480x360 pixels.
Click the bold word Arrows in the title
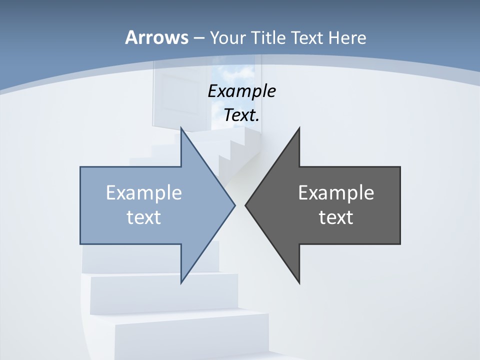156,37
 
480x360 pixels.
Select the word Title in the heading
274,37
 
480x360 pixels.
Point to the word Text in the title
308,37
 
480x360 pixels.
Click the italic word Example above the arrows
241,91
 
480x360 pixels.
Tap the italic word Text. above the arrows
241,115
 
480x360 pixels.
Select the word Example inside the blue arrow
144,192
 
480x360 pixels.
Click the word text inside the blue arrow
144,217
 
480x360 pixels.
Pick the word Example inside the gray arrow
336,192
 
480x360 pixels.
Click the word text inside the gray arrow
336,217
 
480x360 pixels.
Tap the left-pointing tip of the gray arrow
246,205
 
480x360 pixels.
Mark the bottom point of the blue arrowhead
181,282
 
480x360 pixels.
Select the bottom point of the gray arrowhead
299,282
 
